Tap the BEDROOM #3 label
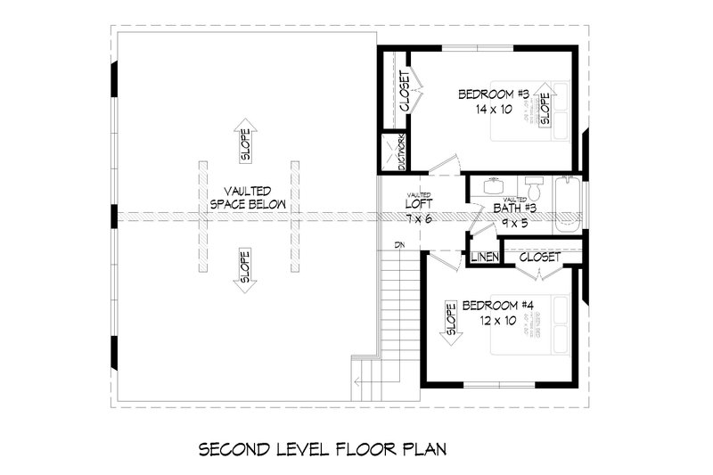point(495,94)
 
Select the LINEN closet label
point(484,258)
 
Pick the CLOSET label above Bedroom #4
point(539,257)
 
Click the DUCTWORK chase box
point(393,152)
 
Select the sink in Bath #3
point(491,187)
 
